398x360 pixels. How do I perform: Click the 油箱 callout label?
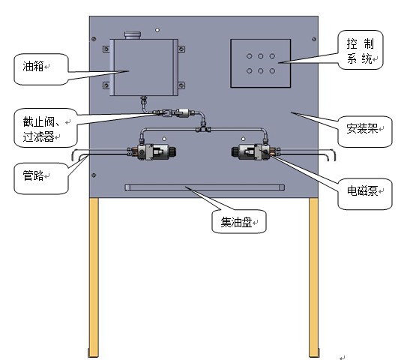[33, 66]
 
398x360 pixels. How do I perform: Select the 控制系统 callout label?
[361, 51]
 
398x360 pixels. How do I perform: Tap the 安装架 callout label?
[362, 128]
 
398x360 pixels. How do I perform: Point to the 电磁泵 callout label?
[362, 190]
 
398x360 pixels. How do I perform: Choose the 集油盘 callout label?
[236, 222]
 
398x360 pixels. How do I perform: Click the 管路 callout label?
[33, 175]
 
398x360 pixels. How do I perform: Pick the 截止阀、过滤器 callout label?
[41, 129]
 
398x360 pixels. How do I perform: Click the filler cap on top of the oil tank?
[132, 34]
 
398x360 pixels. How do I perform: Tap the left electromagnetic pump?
[152, 152]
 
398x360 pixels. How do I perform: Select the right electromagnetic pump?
[256, 151]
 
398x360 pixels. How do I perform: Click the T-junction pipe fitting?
[203, 127]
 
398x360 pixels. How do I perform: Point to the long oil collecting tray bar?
[205, 187]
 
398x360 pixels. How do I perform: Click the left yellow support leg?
[94, 277]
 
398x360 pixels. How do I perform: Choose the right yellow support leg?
[313, 277]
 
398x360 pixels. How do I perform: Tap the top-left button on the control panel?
[250, 56]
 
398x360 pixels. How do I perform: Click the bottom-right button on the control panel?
[272, 71]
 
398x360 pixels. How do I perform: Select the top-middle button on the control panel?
[261, 56]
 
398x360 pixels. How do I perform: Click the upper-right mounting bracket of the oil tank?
[181, 49]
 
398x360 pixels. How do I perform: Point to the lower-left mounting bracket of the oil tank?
[106, 85]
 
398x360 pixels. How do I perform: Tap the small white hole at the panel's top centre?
[157, 30]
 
